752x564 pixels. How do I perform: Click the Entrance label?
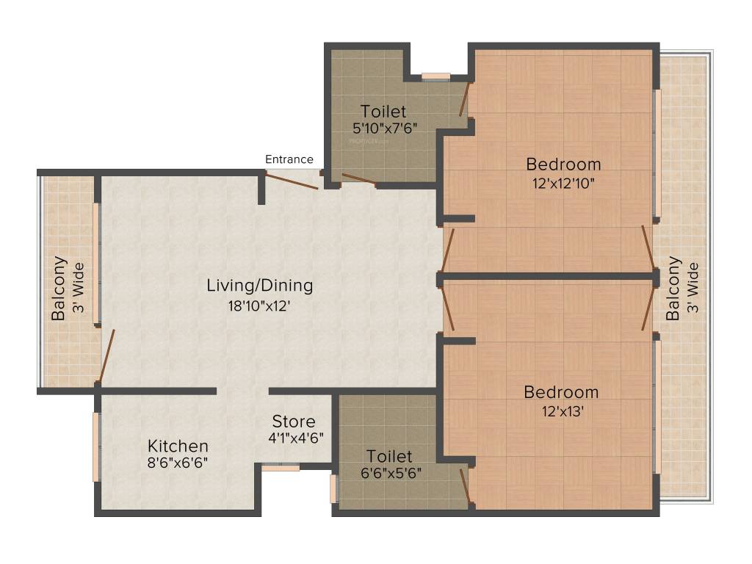point(289,159)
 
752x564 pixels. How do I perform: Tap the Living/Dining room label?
point(259,285)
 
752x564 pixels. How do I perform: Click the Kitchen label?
point(178,446)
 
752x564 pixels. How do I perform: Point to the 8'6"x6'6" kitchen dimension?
point(178,463)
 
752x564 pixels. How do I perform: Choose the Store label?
point(294,422)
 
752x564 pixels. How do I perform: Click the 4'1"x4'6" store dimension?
point(296,437)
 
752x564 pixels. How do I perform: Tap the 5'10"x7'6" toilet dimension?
point(384,127)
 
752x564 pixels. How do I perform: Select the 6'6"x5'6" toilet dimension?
point(389,473)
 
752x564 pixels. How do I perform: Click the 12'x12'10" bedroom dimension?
point(563,182)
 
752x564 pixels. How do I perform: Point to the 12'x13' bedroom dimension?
point(561,411)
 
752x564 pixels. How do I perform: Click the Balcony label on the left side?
point(59,288)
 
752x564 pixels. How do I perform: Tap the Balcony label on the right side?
point(673,288)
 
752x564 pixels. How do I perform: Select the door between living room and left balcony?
point(107,357)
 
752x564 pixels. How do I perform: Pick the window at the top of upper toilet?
point(435,76)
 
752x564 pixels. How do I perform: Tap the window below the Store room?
point(281,467)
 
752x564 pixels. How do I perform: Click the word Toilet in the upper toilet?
point(383,112)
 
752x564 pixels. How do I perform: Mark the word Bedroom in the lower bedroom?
point(561,392)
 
